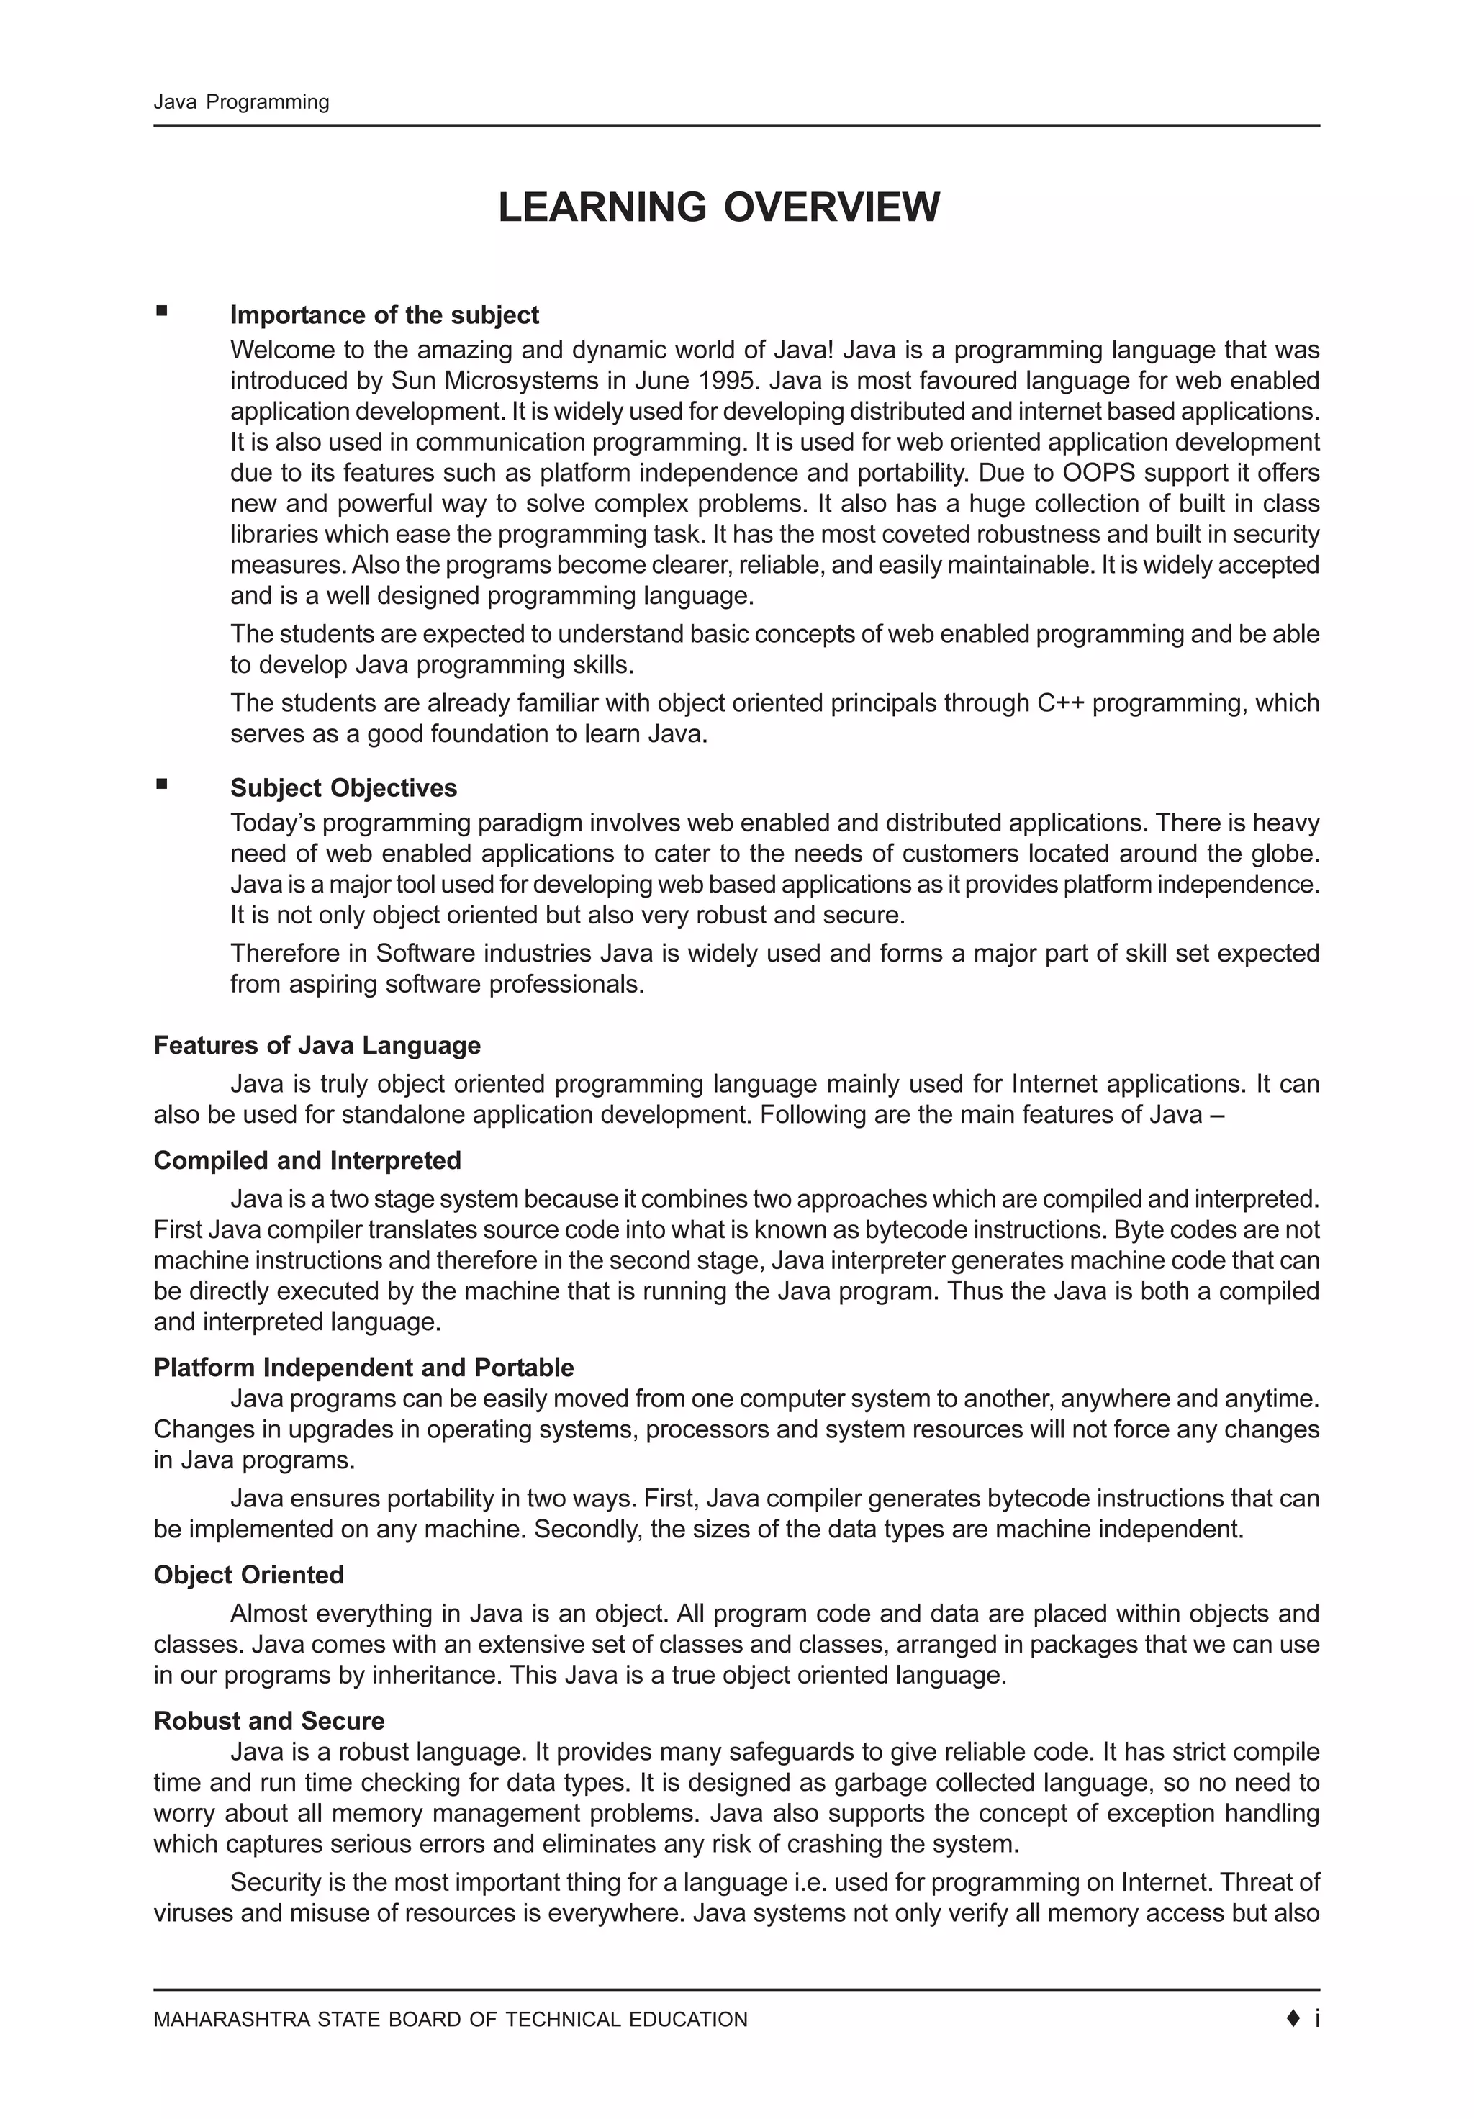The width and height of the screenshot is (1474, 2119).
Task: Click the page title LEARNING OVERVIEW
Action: tap(718, 207)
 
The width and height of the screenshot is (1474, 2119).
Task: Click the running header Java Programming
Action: tap(241, 102)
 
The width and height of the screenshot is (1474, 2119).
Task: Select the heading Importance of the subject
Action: tap(384, 316)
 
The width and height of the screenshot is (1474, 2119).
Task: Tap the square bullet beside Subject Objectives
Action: tap(161, 785)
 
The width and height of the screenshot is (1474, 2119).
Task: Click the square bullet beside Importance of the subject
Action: tap(161, 312)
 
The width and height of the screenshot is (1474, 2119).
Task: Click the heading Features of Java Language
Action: tap(317, 1046)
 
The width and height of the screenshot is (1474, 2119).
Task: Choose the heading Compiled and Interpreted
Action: tap(307, 1161)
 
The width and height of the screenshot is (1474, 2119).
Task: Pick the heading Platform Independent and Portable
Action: tap(363, 1368)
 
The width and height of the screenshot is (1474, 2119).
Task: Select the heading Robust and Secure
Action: tap(268, 1721)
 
